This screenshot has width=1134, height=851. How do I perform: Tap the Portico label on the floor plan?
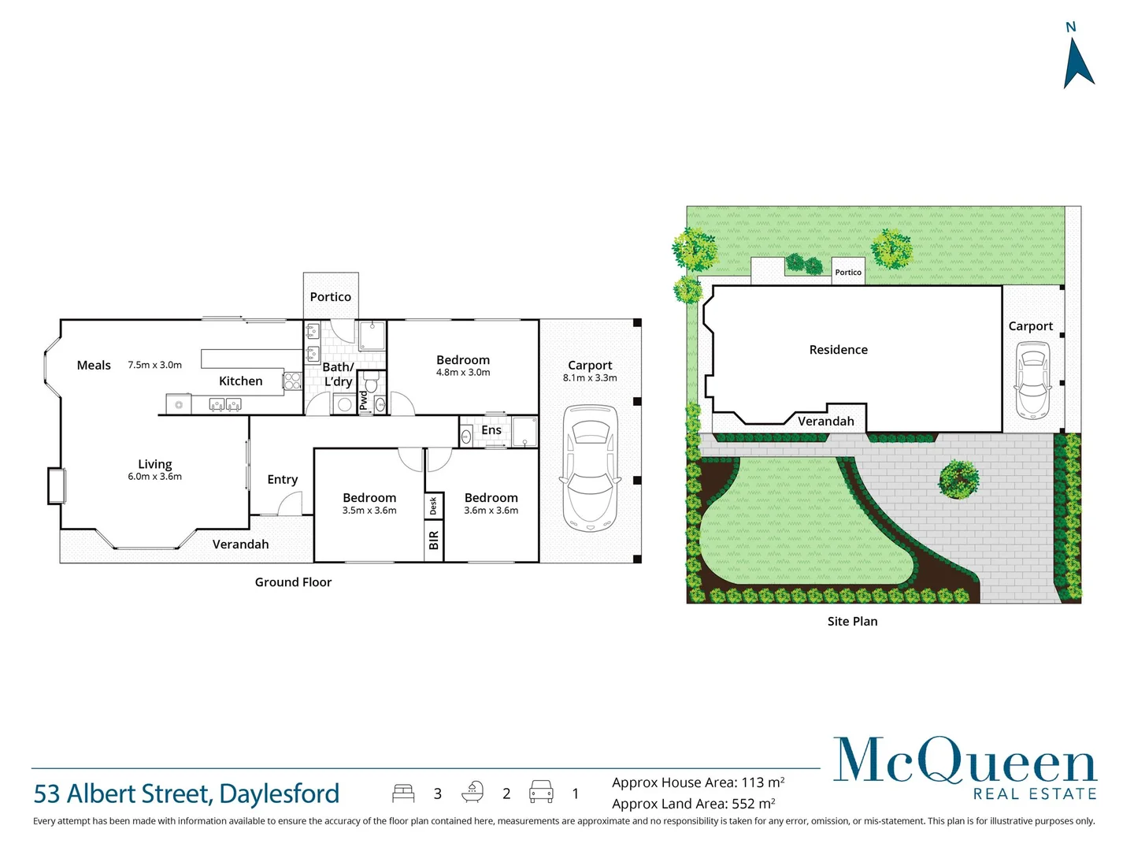330,297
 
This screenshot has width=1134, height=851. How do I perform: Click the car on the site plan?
1032,381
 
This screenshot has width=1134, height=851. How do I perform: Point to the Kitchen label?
240,381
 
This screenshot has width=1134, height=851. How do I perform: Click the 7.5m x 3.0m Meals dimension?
154,365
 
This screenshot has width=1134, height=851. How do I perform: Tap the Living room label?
154,464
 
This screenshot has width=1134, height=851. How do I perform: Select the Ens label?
491,430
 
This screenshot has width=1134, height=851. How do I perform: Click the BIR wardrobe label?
433,541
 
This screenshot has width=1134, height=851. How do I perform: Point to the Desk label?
433,506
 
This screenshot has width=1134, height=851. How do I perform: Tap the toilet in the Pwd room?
372,385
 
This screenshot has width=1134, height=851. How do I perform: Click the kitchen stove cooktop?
292,381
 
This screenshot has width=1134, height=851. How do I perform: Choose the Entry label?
282,480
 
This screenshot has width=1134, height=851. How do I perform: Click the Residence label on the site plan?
838,350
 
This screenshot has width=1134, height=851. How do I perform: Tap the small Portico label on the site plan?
848,273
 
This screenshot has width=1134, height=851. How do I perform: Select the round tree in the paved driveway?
958,478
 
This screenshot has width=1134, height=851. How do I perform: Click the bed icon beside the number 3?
403,793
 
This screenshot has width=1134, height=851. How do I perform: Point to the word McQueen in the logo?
964,760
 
